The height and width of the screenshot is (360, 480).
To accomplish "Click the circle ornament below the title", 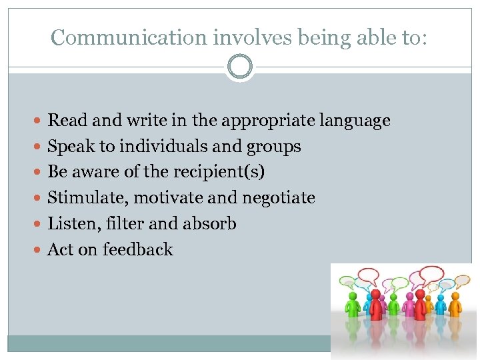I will [240, 67].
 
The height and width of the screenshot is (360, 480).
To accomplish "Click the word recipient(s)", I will [219, 172].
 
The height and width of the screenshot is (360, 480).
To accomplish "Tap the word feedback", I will [138, 249].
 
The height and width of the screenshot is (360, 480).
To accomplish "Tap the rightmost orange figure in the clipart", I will [455, 303].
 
